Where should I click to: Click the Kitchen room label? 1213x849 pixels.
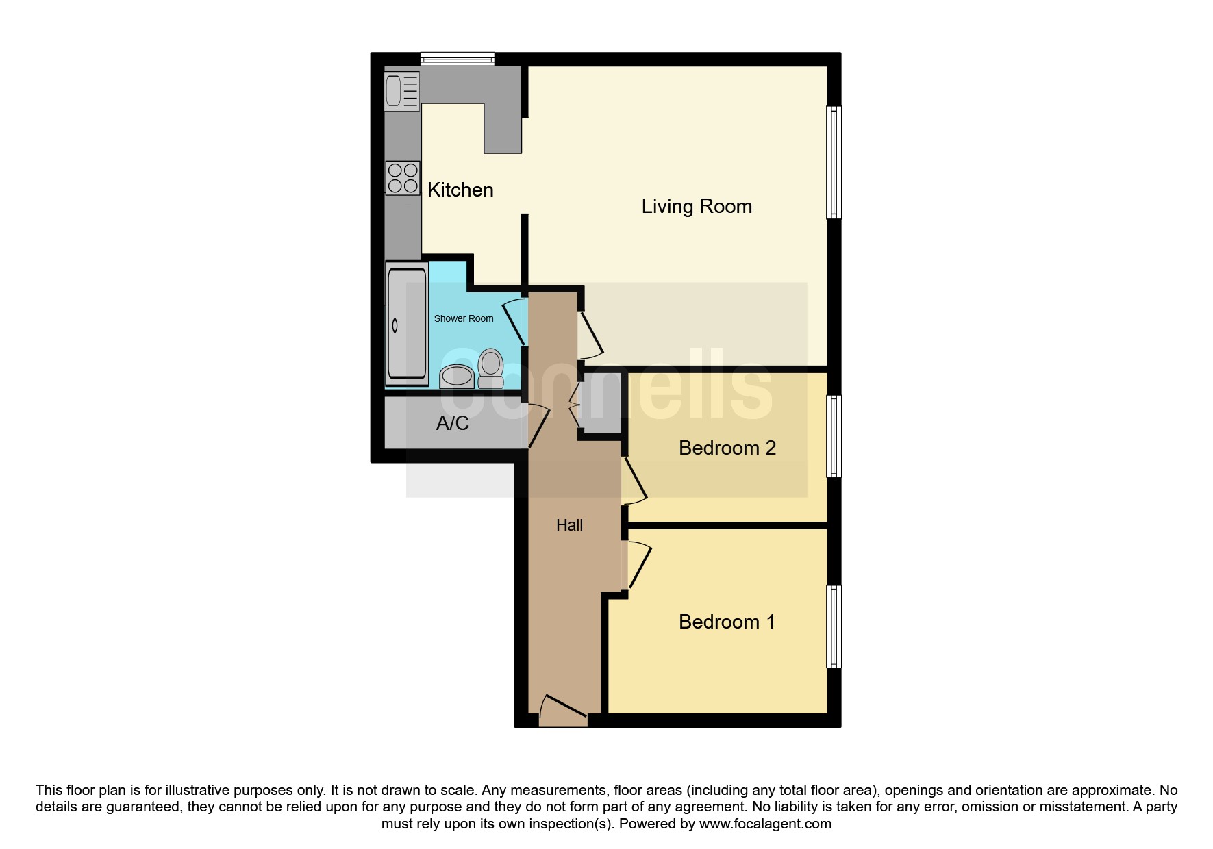(460, 190)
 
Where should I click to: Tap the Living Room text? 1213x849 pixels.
(696, 206)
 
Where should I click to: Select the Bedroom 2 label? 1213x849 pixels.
(727, 448)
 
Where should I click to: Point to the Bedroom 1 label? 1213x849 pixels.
(727, 622)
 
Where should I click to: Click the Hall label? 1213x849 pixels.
(569, 525)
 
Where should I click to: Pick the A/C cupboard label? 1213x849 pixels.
(452, 423)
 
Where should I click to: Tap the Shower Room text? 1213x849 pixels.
(463, 318)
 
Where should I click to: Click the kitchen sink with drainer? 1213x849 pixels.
(401, 91)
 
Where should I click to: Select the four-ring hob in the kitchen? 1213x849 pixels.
(402, 177)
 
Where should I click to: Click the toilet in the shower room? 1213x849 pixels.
(490, 369)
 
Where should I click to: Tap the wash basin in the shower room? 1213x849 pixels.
(456, 376)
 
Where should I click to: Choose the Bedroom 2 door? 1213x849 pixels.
(634, 480)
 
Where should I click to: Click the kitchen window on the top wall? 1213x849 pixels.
(457, 59)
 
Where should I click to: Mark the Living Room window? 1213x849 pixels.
(834, 162)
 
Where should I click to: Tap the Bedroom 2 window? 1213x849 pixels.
(834, 436)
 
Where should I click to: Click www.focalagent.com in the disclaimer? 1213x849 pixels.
(765, 824)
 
